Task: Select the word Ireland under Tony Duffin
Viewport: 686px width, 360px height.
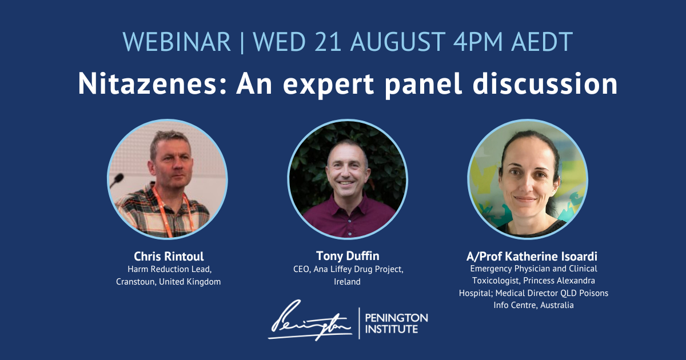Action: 347,282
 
